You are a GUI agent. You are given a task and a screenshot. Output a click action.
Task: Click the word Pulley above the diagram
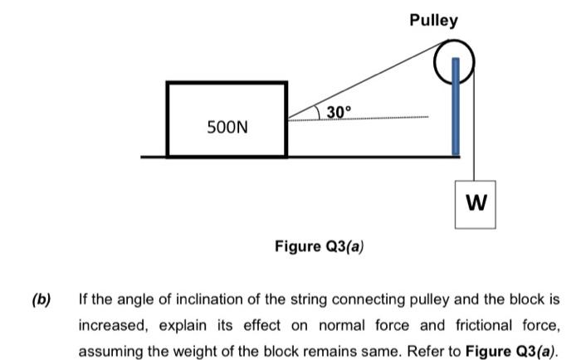(x=432, y=20)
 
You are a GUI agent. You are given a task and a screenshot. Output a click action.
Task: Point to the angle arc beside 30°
(x=320, y=113)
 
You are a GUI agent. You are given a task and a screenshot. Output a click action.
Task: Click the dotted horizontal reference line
(x=382, y=118)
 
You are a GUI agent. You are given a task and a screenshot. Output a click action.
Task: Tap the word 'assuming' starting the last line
(x=111, y=349)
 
